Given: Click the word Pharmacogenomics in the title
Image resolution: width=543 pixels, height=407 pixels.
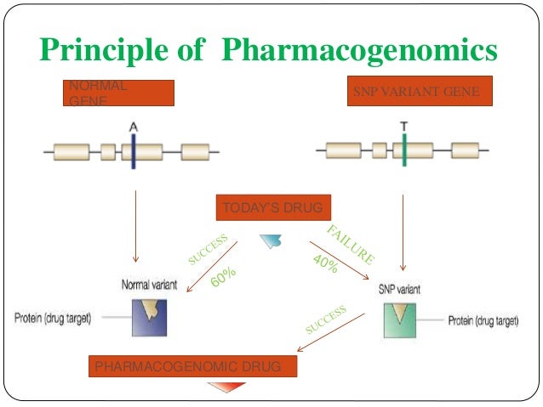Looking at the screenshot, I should click(x=358, y=50).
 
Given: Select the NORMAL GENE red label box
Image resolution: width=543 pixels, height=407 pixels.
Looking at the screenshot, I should click(x=118, y=93).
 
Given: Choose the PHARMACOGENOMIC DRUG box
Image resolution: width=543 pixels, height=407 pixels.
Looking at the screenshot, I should click(x=193, y=366).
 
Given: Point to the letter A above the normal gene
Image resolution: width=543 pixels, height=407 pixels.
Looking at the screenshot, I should click(x=134, y=126).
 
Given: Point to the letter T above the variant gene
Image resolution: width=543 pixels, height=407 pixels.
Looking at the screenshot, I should click(x=403, y=126).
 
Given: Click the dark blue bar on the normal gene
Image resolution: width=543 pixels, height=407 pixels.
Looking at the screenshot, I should click(x=134, y=153).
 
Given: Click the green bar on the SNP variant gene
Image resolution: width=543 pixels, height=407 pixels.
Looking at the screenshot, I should click(x=403, y=153).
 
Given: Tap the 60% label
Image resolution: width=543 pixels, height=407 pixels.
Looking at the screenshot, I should click(x=222, y=276).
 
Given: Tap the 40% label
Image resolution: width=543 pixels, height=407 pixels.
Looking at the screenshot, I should click(x=325, y=264).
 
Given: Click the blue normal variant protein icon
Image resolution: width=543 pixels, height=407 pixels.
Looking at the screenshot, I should click(x=149, y=317).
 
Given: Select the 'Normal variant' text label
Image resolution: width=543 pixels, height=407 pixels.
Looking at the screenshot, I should click(x=149, y=285).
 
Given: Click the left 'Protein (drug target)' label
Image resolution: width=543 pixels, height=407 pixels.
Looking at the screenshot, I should click(x=53, y=319).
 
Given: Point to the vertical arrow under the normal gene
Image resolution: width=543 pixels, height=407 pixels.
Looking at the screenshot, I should click(x=135, y=225).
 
